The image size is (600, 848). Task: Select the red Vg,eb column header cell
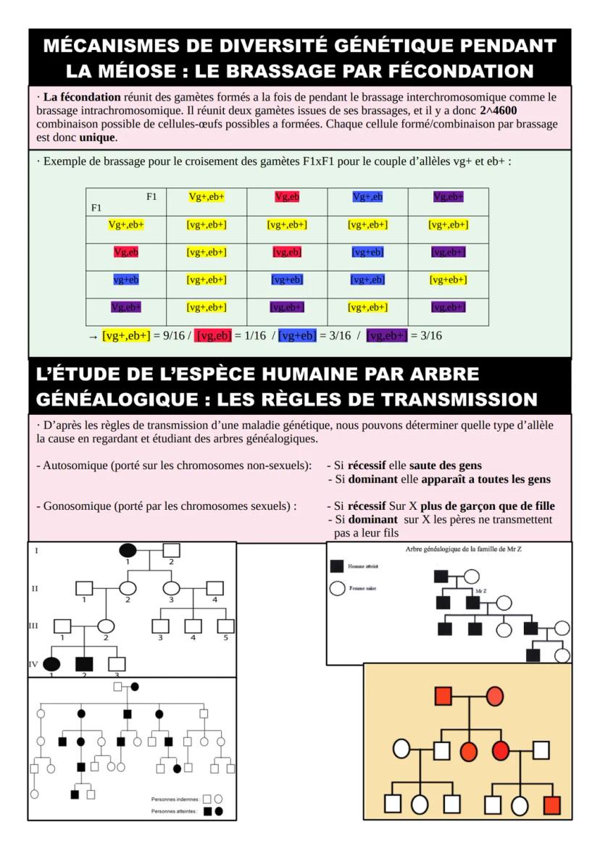pos(287,197)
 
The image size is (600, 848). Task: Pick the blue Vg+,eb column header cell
pos(367,197)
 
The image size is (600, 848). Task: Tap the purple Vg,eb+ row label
pos(125,307)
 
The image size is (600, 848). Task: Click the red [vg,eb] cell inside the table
pos(287,252)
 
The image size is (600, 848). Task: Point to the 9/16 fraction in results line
pos(170,335)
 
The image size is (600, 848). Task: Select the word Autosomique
pos(75,465)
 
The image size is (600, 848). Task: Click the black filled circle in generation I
pos(128,550)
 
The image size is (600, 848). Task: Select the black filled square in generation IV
pos(85,663)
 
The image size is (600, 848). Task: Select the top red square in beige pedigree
pos(444,697)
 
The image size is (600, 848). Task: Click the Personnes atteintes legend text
pos(175,812)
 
